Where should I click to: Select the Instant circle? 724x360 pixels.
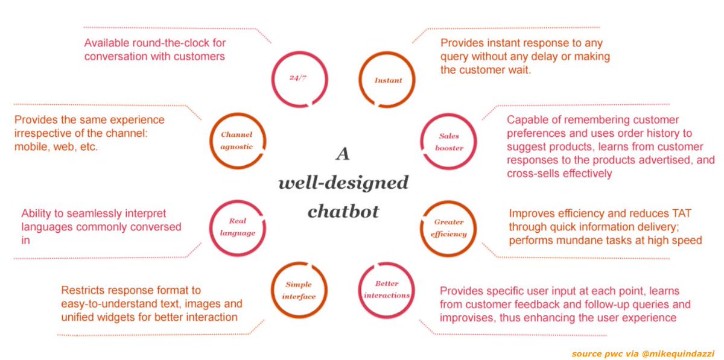[x=387, y=80]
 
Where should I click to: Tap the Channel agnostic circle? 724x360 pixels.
[x=237, y=140]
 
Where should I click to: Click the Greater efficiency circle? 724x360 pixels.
[x=449, y=228]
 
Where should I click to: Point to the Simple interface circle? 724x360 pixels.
[x=300, y=291]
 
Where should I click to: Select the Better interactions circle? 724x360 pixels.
[x=387, y=289]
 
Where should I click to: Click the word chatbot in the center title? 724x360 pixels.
[x=343, y=212]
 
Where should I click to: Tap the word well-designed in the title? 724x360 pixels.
[x=343, y=183]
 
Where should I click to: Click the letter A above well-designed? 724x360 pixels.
[x=343, y=155]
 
